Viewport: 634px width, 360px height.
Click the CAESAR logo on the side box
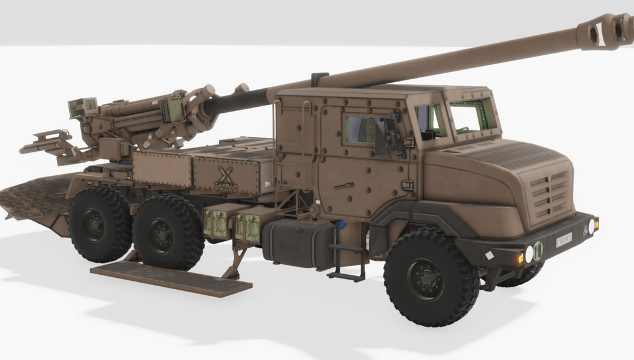coord(226,178)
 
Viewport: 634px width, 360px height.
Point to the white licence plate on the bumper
coord(563,239)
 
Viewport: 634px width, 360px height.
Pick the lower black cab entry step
coord(346,275)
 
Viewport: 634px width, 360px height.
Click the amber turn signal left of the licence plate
coord(519,258)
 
